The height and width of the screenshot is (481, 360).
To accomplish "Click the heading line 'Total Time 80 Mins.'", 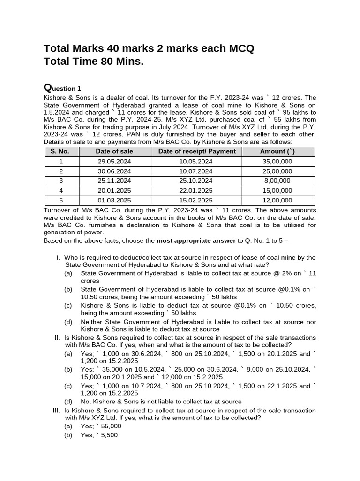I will click(x=93, y=62).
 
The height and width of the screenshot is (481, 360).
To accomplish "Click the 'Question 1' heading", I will click(x=62, y=88).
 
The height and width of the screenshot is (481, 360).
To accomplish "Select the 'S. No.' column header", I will click(x=60, y=151).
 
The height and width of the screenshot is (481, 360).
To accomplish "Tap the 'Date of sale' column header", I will click(x=114, y=151).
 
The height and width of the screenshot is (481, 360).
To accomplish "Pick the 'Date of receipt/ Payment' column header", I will click(x=197, y=151).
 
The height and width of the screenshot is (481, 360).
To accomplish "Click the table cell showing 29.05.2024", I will click(x=114, y=161).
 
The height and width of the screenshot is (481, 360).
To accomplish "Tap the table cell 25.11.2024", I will click(x=114, y=181).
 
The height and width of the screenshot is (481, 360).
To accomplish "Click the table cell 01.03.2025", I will click(x=114, y=201).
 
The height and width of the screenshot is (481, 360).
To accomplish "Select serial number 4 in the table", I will click(x=60, y=191).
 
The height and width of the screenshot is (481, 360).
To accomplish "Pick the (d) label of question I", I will click(x=68, y=322).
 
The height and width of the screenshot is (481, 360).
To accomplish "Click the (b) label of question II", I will click(x=68, y=370).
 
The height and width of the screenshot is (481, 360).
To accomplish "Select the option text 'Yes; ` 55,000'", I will click(x=101, y=426).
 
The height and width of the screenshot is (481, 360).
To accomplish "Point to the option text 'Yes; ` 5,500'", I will click(x=99, y=435).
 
